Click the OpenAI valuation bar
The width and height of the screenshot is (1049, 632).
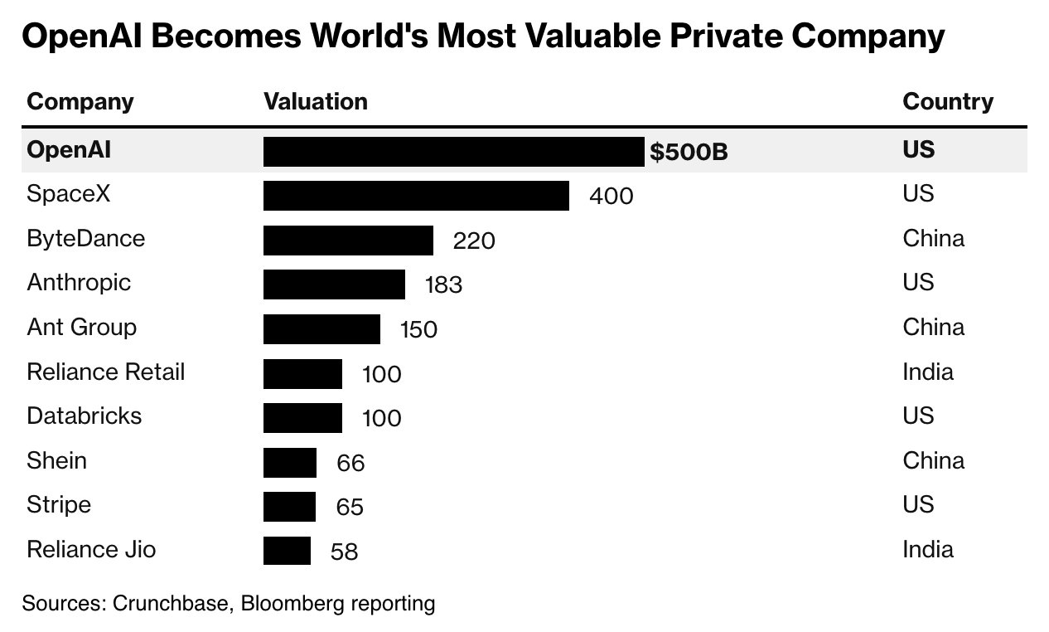[x=453, y=152]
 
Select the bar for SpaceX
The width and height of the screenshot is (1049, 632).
[x=416, y=196]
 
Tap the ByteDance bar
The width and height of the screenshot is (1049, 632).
[x=348, y=241]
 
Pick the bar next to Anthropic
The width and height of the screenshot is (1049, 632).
[x=334, y=284]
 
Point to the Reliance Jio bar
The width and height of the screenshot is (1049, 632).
[x=287, y=551]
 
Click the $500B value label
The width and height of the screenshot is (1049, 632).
[x=689, y=152]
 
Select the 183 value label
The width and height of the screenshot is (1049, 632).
[x=443, y=285]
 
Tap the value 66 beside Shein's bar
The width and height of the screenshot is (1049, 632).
[x=350, y=463]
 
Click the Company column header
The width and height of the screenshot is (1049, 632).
[x=80, y=102]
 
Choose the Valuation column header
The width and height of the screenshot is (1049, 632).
[x=315, y=102]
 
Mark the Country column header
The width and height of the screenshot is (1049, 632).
[x=947, y=102]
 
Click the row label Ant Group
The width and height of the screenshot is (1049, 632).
[x=81, y=327]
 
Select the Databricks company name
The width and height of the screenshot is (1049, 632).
[x=84, y=416]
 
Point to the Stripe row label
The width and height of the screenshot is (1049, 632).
[x=59, y=504]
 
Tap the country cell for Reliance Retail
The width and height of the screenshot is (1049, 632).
[x=927, y=372]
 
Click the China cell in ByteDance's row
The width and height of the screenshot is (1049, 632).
[x=933, y=239]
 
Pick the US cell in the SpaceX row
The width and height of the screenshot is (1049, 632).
[x=918, y=194]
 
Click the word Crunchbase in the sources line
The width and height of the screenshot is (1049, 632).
[x=169, y=603]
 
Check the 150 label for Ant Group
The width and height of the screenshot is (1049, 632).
[x=418, y=330]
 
